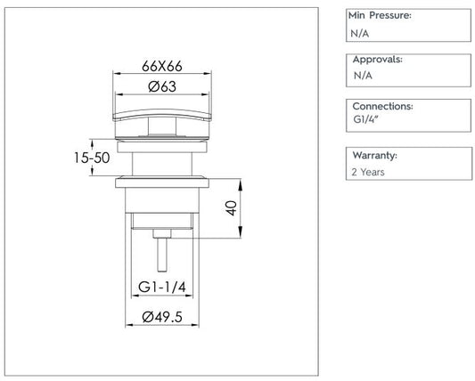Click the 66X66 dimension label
(162, 66)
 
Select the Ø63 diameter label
(162, 86)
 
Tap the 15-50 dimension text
(92, 158)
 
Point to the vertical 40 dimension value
(232, 207)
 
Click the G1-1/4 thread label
(162, 287)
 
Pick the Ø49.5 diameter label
(162, 317)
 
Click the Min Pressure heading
(380, 15)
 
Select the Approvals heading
(378, 60)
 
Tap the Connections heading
(383, 106)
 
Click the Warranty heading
(374, 155)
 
